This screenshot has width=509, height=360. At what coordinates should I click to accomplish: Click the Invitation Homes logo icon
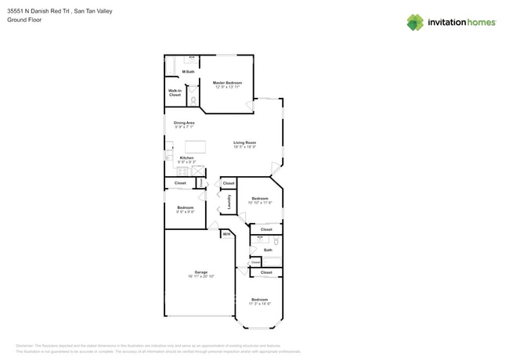click(415, 22)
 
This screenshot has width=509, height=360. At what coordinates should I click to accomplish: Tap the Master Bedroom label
click(227, 82)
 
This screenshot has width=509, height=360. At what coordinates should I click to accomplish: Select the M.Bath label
click(188, 72)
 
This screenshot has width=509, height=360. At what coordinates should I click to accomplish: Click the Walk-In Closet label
click(175, 92)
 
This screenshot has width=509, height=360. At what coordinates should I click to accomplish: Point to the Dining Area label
click(184, 123)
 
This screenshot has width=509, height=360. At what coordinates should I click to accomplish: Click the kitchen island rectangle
click(195, 146)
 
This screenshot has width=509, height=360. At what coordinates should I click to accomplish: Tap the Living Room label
click(244, 142)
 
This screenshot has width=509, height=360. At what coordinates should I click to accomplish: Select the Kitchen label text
click(186, 158)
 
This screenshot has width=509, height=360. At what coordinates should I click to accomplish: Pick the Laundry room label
click(229, 202)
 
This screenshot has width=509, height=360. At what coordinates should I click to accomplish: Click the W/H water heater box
click(226, 234)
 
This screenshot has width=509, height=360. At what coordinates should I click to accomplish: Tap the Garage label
click(201, 272)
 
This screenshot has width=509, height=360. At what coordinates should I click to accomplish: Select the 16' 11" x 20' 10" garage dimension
click(201, 276)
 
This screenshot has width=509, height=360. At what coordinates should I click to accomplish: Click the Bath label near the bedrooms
click(268, 250)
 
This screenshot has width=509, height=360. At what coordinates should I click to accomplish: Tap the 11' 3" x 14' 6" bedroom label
click(260, 302)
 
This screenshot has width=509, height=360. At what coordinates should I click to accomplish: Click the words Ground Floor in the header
click(24, 20)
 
